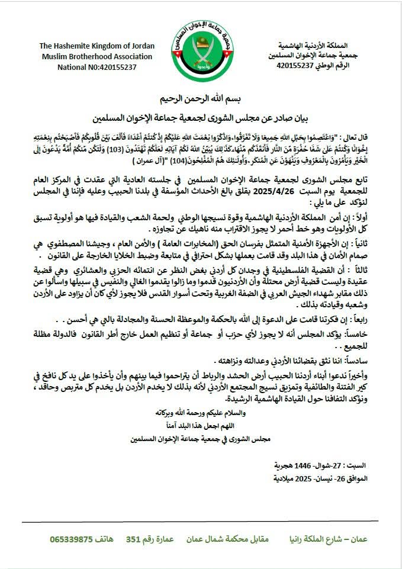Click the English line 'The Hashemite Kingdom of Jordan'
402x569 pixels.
pos(88,46)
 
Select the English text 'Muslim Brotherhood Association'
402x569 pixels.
pos(88,56)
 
